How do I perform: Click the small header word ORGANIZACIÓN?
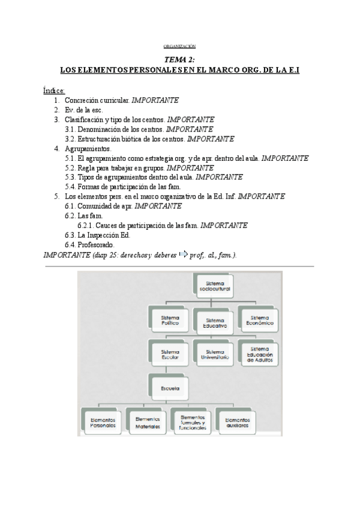point(180,47)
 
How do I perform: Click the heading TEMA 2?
point(180,60)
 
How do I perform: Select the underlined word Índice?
point(54,90)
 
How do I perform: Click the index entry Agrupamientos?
point(88,148)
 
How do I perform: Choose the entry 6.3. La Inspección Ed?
point(97,235)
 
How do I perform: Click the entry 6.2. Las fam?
point(84,215)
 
